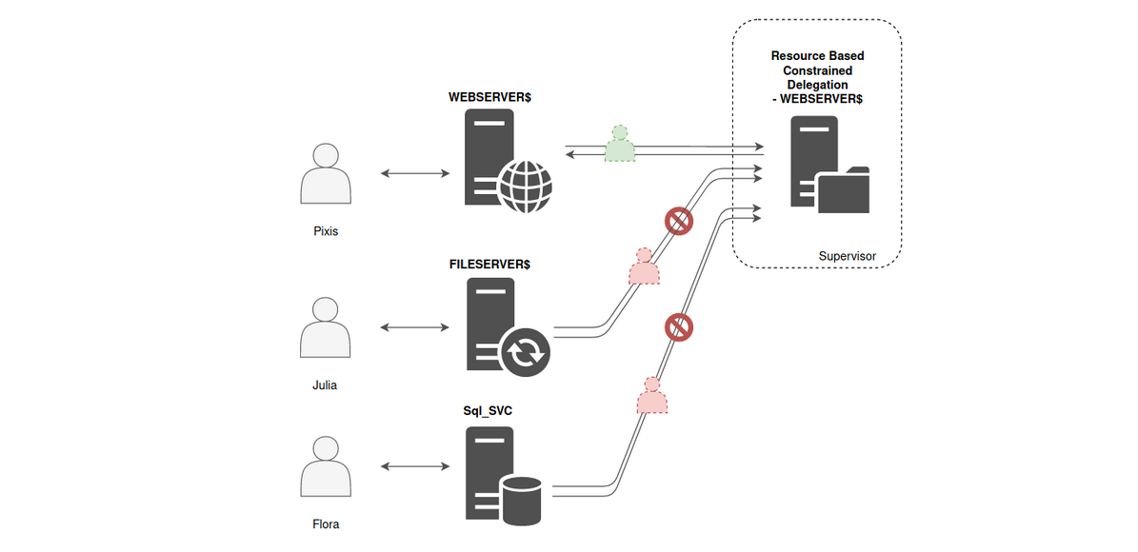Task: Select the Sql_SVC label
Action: coord(488,412)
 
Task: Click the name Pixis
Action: coord(326,232)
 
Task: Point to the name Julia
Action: coord(325,385)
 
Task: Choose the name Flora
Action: coord(326,524)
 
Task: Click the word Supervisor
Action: coord(847,257)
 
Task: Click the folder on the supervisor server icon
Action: coord(843,189)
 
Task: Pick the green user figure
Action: coord(620,145)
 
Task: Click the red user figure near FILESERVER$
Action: coord(644,267)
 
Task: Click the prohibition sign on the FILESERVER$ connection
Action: coord(678,222)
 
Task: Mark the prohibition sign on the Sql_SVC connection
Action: coord(678,327)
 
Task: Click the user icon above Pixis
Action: coord(326,173)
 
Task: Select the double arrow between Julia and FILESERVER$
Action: coord(414,327)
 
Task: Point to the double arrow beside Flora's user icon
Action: coord(414,466)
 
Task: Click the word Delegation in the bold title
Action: coord(817,85)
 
